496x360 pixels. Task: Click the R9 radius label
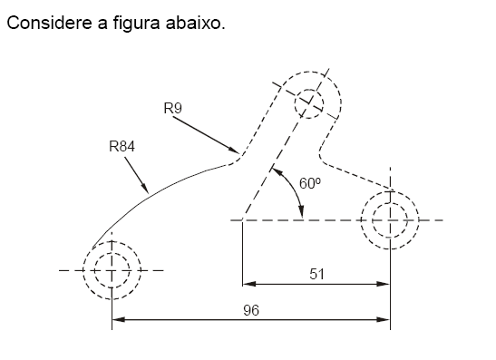tap(173, 109)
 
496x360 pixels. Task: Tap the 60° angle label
tap(310, 182)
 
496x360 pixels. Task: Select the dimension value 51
tap(316, 273)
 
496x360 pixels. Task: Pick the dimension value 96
tap(251, 309)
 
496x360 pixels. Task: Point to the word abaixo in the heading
tap(195, 22)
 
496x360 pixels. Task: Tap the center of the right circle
tap(390, 219)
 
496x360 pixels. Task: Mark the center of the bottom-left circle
tap(112, 270)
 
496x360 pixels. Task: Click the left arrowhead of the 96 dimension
tap(117, 319)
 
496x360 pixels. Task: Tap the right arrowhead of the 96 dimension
tap(384, 319)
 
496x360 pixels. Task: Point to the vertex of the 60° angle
tap(242, 219)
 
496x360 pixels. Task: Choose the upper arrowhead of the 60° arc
tap(276, 170)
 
